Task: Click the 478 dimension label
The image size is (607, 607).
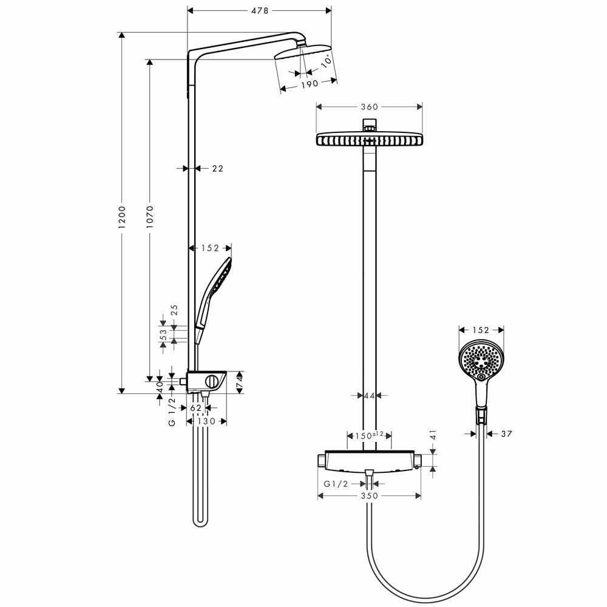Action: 259,11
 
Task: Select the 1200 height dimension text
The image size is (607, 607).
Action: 122,217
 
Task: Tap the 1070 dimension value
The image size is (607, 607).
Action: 150,217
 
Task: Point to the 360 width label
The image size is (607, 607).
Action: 369,107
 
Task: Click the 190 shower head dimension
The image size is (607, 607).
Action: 310,84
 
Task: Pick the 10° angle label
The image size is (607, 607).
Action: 327,61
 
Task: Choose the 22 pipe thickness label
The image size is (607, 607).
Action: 218,168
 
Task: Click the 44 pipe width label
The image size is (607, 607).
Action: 369,396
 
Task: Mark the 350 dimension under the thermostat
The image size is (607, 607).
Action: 369,496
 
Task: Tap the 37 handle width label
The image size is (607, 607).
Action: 506,434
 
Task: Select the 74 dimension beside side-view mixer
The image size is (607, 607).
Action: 239,382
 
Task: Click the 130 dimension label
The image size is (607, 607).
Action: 206,421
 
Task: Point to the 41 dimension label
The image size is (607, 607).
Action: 433,435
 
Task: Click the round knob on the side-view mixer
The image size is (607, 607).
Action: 212,382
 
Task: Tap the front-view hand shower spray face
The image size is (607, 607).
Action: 481,361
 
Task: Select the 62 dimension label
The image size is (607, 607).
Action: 196,408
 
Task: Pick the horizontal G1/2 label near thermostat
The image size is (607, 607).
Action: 336,484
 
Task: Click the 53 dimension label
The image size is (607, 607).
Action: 164,334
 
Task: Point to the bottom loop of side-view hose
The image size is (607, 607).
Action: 200,523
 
